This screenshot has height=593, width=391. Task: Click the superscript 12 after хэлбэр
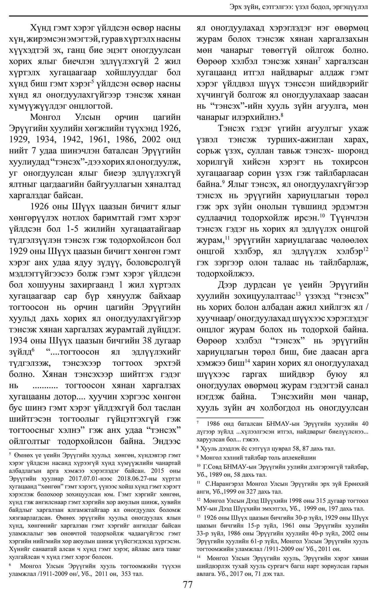pyautogui.click(x=365, y=249)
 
